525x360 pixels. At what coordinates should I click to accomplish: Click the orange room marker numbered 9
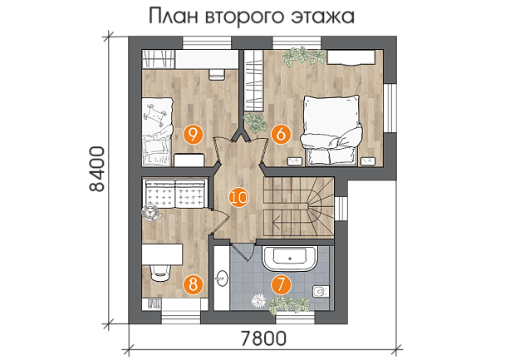click(194, 135)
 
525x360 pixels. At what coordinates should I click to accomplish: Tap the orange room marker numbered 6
click(281, 135)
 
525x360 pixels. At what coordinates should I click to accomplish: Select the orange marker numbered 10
click(238, 198)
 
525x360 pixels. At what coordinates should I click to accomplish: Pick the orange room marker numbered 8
click(194, 285)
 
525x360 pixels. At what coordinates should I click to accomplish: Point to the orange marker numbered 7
click(281, 285)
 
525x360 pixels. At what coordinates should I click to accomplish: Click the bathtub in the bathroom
click(290, 259)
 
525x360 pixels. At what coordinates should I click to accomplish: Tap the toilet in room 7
click(321, 291)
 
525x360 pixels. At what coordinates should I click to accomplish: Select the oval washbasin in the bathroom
click(221, 278)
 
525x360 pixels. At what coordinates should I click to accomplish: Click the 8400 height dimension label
click(97, 168)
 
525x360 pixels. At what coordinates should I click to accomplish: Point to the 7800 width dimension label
click(263, 338)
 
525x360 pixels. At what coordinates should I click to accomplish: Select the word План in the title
click(174, 16)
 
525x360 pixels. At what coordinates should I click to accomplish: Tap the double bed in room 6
click(331, 130)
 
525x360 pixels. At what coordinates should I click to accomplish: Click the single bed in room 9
click(157, 131)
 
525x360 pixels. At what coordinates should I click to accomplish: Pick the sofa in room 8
click(175, 194)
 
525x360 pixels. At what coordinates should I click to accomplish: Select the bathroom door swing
click(243, 252)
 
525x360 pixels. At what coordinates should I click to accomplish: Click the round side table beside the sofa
click(150, 212)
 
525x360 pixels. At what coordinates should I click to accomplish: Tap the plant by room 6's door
click(255, 122)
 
